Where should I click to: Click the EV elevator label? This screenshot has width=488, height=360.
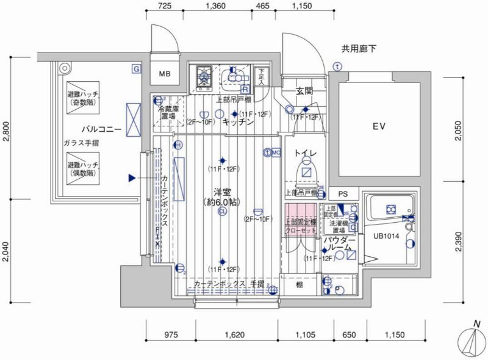pyautogui.click(x=379, y=127)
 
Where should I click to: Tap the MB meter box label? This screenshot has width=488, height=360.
pyautogui.click(x=165, y=75)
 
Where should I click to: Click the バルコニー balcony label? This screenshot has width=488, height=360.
pyautogui.click(x=100, y=129)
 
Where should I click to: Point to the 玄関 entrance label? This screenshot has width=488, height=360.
pyautogui.click(x=304, y=91)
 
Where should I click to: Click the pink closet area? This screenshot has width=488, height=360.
pyautogui.click(x=300, y=217)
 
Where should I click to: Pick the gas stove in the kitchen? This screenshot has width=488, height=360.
pyautogui.click(x=203, y=78)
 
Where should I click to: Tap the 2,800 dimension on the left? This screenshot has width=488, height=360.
pyautogui.click(x=7, y=131)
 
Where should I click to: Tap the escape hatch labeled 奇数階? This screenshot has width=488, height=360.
pyautogui.click(x=84, y=99)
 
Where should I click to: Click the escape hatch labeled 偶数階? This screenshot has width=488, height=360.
pyautogui.click(x=84, y=169)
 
